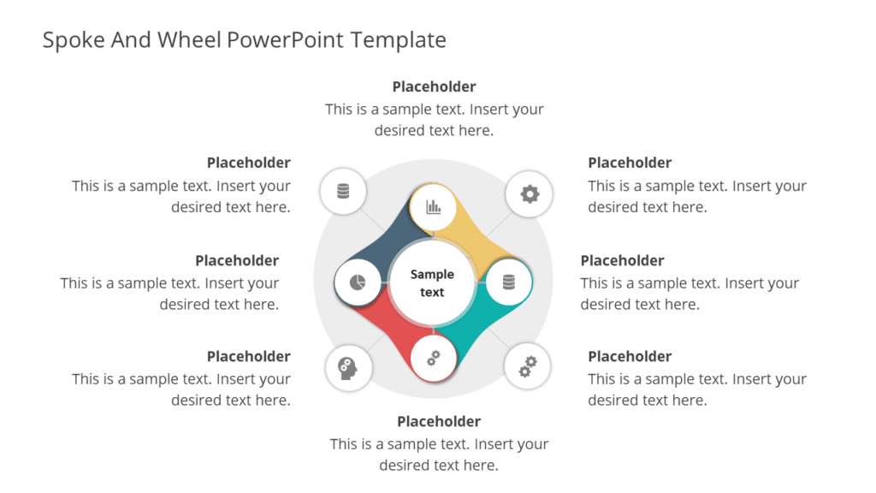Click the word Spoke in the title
tap(74, 40)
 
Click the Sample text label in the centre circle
tap(432, 283)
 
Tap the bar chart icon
tap(433, 206)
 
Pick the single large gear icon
tap(530, 194)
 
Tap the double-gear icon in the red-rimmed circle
tap(433, 359)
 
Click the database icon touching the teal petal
tap(509, 282)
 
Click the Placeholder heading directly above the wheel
tap(434, 86)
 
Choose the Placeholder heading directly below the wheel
tap(439, 421)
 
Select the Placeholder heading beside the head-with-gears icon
tap(248, 356)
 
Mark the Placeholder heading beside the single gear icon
tap(630, 163)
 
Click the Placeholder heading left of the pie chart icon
tap(237, 260)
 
